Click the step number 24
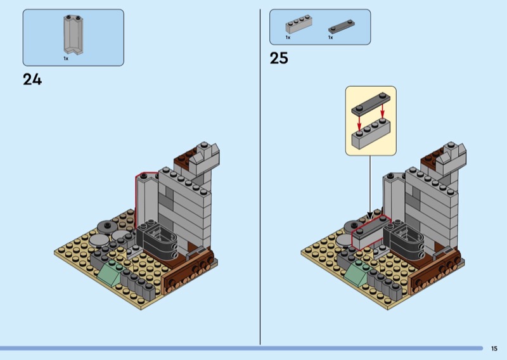[x=32, y=79]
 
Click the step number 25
[x=279, y=58]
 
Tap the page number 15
[x=494, y=349]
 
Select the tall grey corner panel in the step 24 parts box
[x=74, y=34]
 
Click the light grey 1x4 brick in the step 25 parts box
[x=298, y=24]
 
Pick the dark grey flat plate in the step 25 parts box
[x=342, y=27]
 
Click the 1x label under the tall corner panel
[x=66, y=58]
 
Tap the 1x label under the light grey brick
[x=288, y=37]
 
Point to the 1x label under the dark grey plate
[x=330, y=37]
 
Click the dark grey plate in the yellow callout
[x=371, y=104]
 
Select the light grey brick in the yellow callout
[x=371, y=134]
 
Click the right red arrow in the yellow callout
[x=383, y=110]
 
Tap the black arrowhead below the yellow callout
[x=370, y=215]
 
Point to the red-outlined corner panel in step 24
[x=147, y=200]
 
